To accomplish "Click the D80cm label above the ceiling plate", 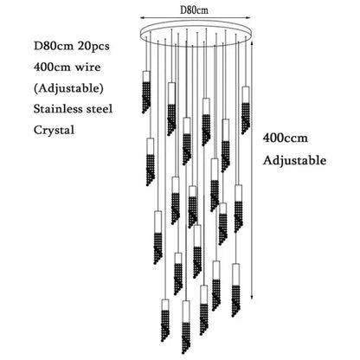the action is (194, 10).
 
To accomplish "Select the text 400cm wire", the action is (67, 67).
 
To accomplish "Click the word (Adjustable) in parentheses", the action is (68, 88).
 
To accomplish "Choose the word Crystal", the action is (54, 130).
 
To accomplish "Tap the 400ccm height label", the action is (285, 138).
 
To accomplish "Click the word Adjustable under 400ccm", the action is (294, 160).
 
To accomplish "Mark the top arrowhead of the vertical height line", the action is (253, 42).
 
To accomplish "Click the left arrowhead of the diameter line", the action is (142, 18).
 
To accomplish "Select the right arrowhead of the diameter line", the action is (249, 18).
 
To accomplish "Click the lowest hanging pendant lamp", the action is (186, 327).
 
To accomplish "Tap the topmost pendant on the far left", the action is (146, 92).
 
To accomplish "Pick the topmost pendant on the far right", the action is (246, 110).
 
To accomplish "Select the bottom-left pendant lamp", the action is (165, 320).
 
